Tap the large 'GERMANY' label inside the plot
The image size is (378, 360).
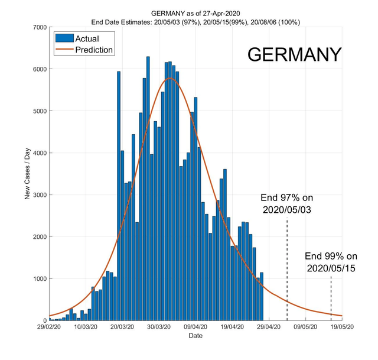(294, 54)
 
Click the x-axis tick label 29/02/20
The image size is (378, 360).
(50, 326)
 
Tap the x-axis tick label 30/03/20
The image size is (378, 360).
(159, 326)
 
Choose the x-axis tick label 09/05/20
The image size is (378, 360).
(306, 326)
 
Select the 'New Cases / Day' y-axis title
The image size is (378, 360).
(27, 174)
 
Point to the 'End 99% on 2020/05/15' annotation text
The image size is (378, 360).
(331, 262)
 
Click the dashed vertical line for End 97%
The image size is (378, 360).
(287, 266)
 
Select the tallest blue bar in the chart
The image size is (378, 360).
(148, 189)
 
